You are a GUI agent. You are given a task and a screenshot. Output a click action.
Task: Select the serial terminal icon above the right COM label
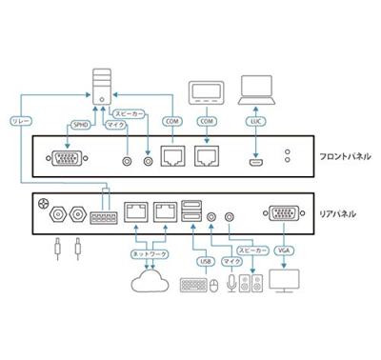(x=205, y=94)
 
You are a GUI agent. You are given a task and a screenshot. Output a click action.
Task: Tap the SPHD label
(x=81, y=124)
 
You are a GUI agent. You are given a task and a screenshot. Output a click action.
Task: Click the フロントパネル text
(x=344, y=156)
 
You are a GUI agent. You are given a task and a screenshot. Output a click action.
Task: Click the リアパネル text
(x=337, y=214)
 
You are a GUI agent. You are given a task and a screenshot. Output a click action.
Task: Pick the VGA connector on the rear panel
(x=282, y=216)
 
